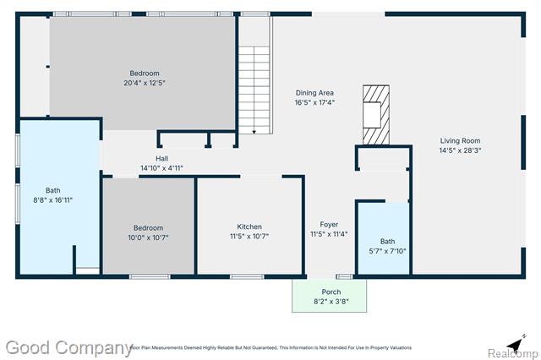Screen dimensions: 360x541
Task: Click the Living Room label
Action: [x=460, y=141]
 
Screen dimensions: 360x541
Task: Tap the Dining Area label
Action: [x=314, y=92]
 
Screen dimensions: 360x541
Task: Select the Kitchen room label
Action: [x=249, y=226]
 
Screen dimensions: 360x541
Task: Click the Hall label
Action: [x=161, y=158]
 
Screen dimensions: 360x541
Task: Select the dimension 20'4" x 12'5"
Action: [x=144, y=83]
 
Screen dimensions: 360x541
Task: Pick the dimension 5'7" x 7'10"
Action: [x=387, y=251]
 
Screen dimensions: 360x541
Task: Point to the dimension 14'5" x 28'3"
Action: [x=460, y=151]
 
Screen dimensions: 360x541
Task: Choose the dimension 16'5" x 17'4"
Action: [x=314, y=102]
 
